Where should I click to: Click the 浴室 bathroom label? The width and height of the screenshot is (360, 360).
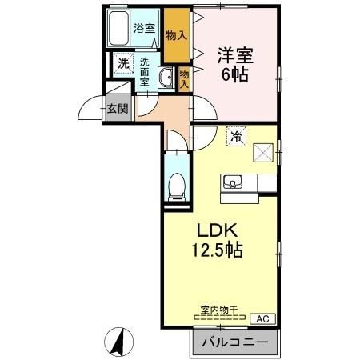click(144, 28)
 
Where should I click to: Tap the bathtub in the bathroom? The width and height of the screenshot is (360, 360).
click(118, 28)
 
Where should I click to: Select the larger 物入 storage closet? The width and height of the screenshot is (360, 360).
click(177, 36)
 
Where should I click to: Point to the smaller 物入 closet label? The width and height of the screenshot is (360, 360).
click(184, 79)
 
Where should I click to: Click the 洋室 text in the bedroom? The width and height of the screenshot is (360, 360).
click(235, 55)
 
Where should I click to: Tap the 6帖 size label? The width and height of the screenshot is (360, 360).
click(235, 74)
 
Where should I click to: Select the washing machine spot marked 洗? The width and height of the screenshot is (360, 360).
click(123, 63)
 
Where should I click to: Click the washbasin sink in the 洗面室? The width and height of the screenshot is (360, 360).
click(166, 78)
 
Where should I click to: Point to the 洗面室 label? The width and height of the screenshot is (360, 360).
click(145, 72)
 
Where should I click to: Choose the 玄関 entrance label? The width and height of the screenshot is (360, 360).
click(118, 109)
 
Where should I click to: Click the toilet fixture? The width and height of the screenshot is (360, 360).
click(177, 187)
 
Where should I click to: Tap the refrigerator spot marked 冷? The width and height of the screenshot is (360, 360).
click(236, 136)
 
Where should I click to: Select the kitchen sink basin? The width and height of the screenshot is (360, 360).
click(233, 182)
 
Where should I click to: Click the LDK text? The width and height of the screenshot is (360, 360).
click(217, 230)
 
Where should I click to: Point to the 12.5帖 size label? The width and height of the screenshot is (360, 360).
click(218, 250)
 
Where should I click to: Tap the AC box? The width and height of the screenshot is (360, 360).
click(262, 318)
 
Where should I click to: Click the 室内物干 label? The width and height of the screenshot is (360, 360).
click(219, 310)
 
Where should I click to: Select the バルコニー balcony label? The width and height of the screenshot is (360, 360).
click(235, 342)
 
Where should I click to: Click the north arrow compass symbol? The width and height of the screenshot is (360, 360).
click(118, 342)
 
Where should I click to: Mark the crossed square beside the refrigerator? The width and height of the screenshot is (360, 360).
click(263, 153)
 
